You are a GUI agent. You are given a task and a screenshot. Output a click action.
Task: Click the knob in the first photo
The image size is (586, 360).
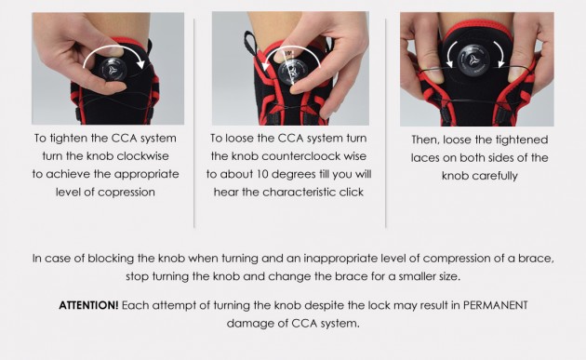pyautogui.click(x=113, y=69)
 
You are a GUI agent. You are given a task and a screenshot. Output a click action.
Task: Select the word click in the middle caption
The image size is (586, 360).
pyautogui.click(x=351, y=193)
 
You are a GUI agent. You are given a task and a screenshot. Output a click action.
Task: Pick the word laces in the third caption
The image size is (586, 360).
pyautogui.click(x=424, y=158)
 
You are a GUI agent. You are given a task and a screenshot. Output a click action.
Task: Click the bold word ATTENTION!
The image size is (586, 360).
pyautogui.click(x=88, y=305)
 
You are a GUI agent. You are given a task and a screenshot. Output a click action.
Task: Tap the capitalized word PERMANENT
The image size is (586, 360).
pyautogui.click(x=495, y=305)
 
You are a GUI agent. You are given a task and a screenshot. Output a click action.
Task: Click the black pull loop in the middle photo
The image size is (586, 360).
pyautogui.click(x=250, y=42)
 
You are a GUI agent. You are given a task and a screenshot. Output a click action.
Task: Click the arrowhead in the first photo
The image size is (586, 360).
pyautogui.click(x=140, y=63)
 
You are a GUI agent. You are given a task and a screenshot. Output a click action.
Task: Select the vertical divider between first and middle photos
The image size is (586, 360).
pyautogui.click(x=194, y=123)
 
